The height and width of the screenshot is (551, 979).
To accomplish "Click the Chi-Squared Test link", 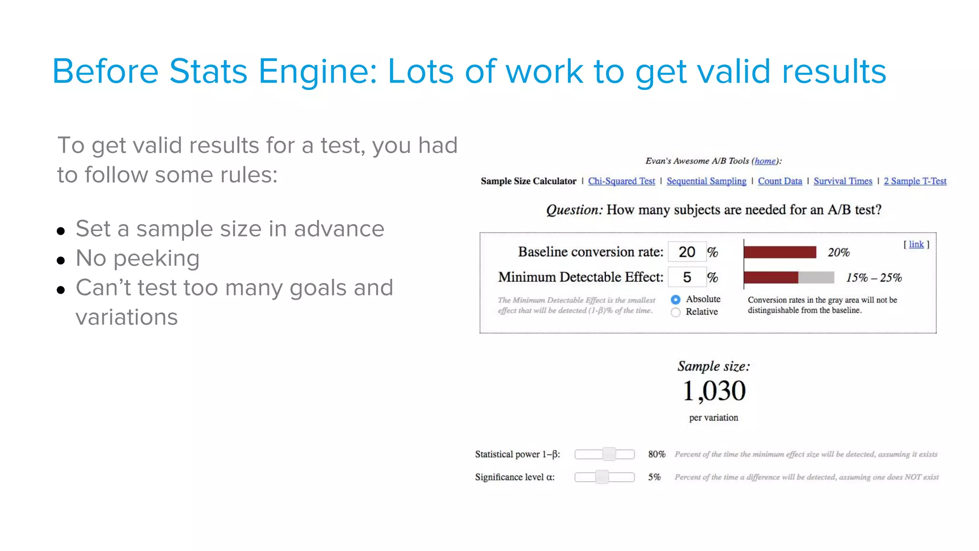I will pos(621,181).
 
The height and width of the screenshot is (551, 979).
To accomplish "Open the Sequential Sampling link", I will pos(706,181).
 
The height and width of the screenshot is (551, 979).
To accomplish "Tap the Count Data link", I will pos(780,181).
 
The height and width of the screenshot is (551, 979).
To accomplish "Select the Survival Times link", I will pos(843,181).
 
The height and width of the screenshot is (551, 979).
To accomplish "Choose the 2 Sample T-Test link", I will pos(914,181).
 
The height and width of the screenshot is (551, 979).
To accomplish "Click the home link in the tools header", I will pos(765,161).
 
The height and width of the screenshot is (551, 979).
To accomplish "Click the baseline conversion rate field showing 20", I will pos(687,252).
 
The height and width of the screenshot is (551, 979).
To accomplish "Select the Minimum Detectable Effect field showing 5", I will pos(687,277).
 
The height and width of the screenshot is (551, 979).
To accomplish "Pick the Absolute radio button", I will pos(675,300).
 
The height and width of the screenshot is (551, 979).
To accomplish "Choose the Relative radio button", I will pos(675,312).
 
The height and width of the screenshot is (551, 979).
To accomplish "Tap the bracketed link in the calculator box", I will pos(916,244).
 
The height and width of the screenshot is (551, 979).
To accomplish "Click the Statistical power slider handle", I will pos(609,454).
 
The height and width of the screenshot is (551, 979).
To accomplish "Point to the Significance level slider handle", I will pos(602,477).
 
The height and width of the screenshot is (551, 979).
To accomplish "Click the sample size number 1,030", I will pos(714,391).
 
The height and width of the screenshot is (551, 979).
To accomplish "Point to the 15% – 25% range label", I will pos(874,278).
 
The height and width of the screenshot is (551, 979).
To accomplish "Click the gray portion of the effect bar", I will pos(816,277).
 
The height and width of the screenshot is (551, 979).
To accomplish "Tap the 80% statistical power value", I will pos(656,454).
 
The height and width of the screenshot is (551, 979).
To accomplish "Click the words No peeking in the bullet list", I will pos(138,258).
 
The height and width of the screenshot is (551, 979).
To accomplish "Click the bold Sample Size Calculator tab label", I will pos(528,181).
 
